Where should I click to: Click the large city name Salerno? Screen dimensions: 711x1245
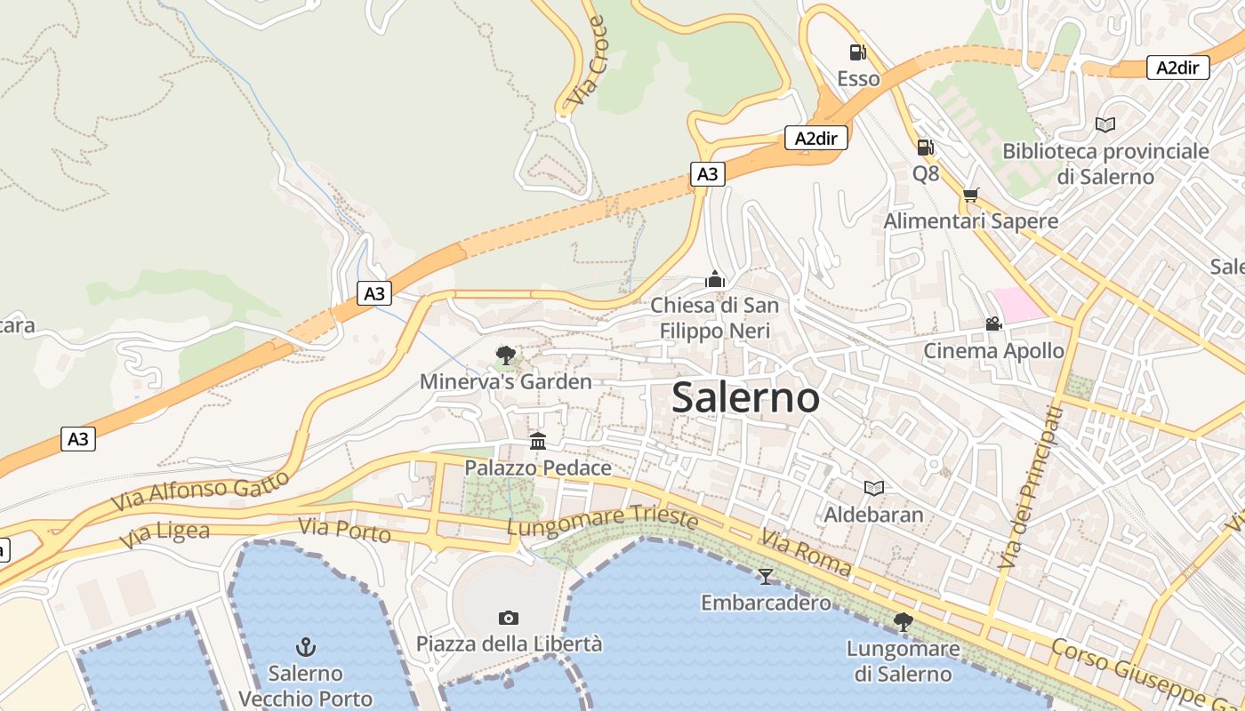tap(745, 397)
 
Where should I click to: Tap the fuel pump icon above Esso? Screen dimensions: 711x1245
tap(857, 52)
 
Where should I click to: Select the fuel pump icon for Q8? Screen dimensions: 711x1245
tap(925, 147)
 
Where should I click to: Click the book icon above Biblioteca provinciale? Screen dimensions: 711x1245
tap(1105, 125)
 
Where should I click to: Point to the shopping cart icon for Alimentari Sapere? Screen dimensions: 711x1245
tap(970, 195)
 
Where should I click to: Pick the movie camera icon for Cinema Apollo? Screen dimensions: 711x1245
tap(992, 324)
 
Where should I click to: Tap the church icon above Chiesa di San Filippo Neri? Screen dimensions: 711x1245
tap(715, 279)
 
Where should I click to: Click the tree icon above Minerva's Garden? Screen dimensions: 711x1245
tap(505, 355)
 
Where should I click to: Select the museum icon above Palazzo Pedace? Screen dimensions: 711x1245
tap(538, 441)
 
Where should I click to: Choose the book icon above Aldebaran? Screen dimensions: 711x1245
tap(874, 488)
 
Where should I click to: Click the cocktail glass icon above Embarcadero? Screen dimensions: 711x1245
tap(765, 577)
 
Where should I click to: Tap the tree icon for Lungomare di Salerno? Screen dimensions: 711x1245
tap(903, 621)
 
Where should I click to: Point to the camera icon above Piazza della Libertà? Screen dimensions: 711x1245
tap(509, 618)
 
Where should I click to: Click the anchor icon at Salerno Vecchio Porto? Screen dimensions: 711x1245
tap(306, 646)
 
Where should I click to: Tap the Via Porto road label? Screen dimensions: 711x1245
tap(344, 531)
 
